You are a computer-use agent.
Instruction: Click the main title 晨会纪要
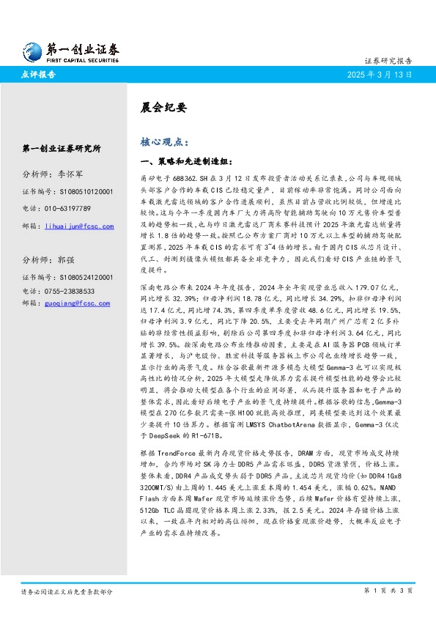pos(157,106)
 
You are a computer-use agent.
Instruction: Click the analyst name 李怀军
pos(70,175)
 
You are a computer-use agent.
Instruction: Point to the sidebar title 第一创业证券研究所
pos(62,148)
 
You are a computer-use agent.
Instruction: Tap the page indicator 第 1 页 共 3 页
pos(388,590)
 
